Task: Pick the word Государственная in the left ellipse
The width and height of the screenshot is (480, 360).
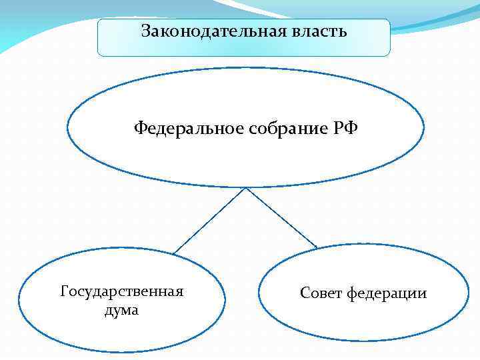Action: pyautogui.click(x=122, y=292)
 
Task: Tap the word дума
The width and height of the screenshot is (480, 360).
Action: pyautogui.click(x=122, y=310)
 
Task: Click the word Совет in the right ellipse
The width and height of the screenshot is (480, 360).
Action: pyautogui.click(x=321, y=293)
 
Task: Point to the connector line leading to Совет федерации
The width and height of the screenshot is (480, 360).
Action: pyautogui.click(x=281, y=218)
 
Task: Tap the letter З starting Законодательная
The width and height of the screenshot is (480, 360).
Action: pyautogui.click(x=146, y=31)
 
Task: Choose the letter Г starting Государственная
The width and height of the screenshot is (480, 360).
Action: pyautogui.click(x=64, y=292)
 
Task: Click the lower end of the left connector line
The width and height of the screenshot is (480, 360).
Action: pyautogui.click(x=173, y=253)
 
